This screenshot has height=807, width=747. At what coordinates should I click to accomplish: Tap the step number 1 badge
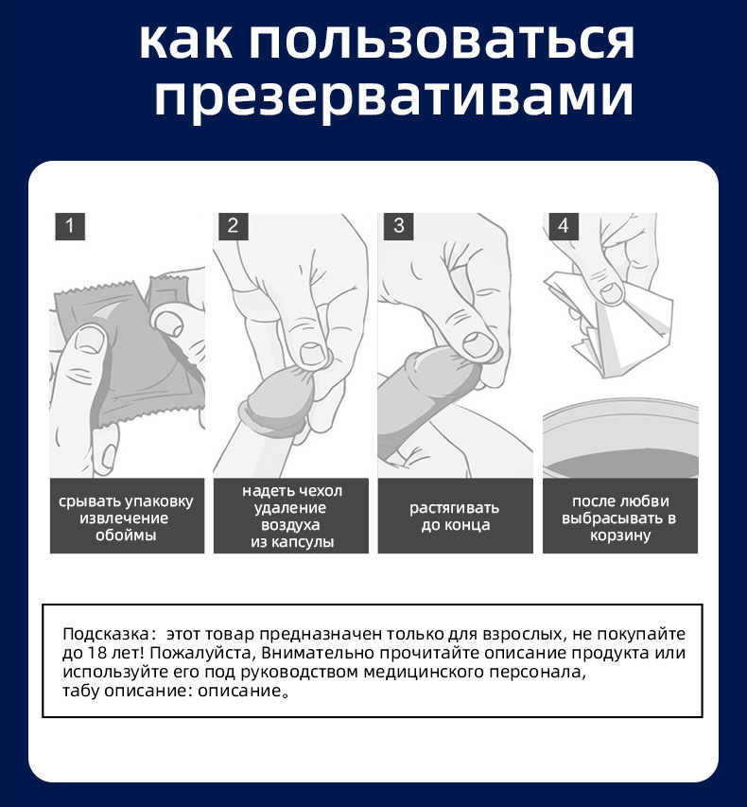[x=70, y=226]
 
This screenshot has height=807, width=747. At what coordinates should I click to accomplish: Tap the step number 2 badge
[x=234, y=226]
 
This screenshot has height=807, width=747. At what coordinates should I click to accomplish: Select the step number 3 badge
[x=398, y=226]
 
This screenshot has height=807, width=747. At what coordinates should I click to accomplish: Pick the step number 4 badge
[x=563, y=226]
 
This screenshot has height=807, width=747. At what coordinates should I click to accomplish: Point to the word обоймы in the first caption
[x=126, y=535]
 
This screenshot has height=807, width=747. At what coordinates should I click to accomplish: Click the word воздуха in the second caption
[x=291, y=525]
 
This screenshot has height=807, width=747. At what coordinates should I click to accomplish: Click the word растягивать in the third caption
[x=455, y=508]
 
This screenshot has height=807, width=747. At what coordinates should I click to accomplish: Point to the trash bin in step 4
[x=619, y=445]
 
